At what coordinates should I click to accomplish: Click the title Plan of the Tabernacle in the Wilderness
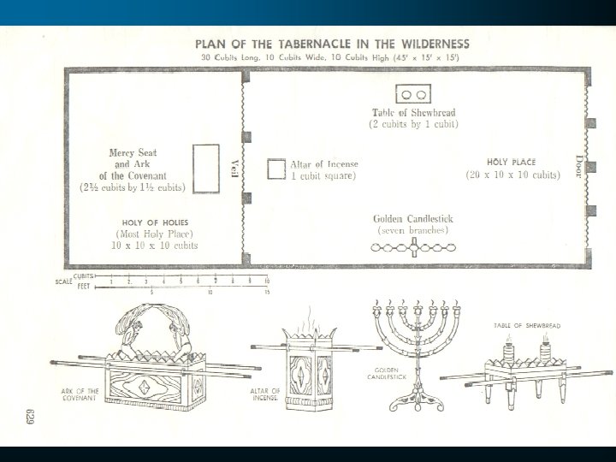point(333,44)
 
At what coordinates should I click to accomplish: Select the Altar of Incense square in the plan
point(275,169)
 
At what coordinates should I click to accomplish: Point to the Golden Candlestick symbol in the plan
point(414,247)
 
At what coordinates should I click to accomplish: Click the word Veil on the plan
point(234,167)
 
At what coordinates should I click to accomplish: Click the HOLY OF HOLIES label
point(156,222)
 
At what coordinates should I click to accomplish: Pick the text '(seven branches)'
point(414,230)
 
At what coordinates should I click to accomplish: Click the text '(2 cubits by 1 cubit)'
point(414,124)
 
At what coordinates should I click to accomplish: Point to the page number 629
point(27,418)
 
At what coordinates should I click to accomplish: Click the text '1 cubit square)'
point(323,175)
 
